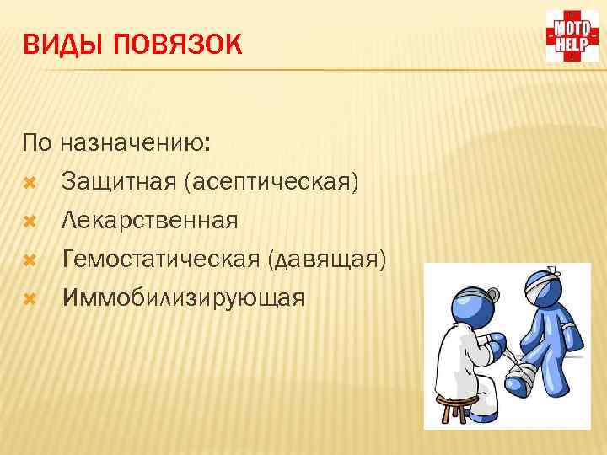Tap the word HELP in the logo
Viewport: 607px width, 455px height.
[572, 45]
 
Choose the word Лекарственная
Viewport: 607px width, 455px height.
[149, 221]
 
